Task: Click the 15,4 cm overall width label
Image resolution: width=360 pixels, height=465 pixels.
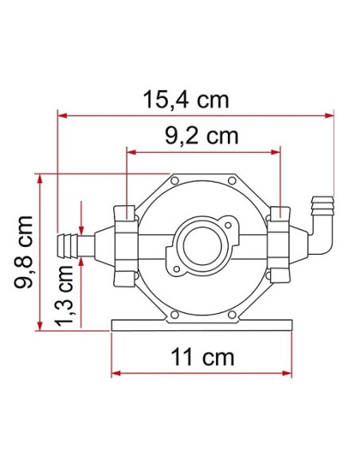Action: [186, 100]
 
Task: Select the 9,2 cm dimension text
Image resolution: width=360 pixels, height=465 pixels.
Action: [202, 135]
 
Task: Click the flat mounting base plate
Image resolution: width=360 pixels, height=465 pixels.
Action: [202, 326]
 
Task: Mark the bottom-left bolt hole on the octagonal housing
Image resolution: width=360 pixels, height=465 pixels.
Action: [172, 315]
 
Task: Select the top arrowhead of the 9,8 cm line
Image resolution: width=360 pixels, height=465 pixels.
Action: [41, 178]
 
